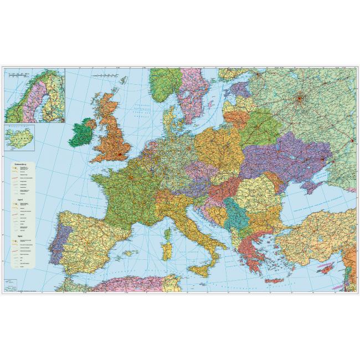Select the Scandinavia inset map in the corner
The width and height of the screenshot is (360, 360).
34,95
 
